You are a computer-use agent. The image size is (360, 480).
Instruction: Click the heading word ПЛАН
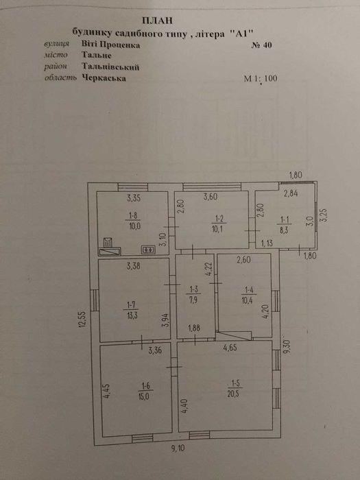click(157, 21)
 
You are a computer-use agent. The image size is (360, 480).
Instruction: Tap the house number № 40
click(262, 45)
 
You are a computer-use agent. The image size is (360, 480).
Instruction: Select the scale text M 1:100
click(261, 78)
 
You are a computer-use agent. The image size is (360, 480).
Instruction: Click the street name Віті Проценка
click(111, 45)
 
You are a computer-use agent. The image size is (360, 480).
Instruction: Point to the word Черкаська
click(104, 78)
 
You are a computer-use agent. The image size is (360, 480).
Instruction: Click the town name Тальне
click(97, 56)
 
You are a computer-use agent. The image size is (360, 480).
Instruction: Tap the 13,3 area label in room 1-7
click(132, 315)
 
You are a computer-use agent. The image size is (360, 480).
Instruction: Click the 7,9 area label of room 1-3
click(193, 299)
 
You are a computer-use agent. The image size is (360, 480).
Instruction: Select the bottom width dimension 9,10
click(178, 449)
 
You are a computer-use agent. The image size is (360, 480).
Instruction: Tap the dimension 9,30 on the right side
click(287, 345)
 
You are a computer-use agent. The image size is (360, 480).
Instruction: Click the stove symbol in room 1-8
click(149, 250)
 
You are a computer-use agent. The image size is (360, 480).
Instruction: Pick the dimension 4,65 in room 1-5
click(230, 348)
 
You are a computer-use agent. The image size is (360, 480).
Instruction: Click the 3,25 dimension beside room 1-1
click(324, 215)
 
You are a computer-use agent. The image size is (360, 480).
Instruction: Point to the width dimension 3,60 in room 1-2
click(211, 197)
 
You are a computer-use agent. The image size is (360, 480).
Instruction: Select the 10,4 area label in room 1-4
click(248, 300)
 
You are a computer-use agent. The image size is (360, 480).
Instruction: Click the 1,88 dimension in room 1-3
click(194, 328)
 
